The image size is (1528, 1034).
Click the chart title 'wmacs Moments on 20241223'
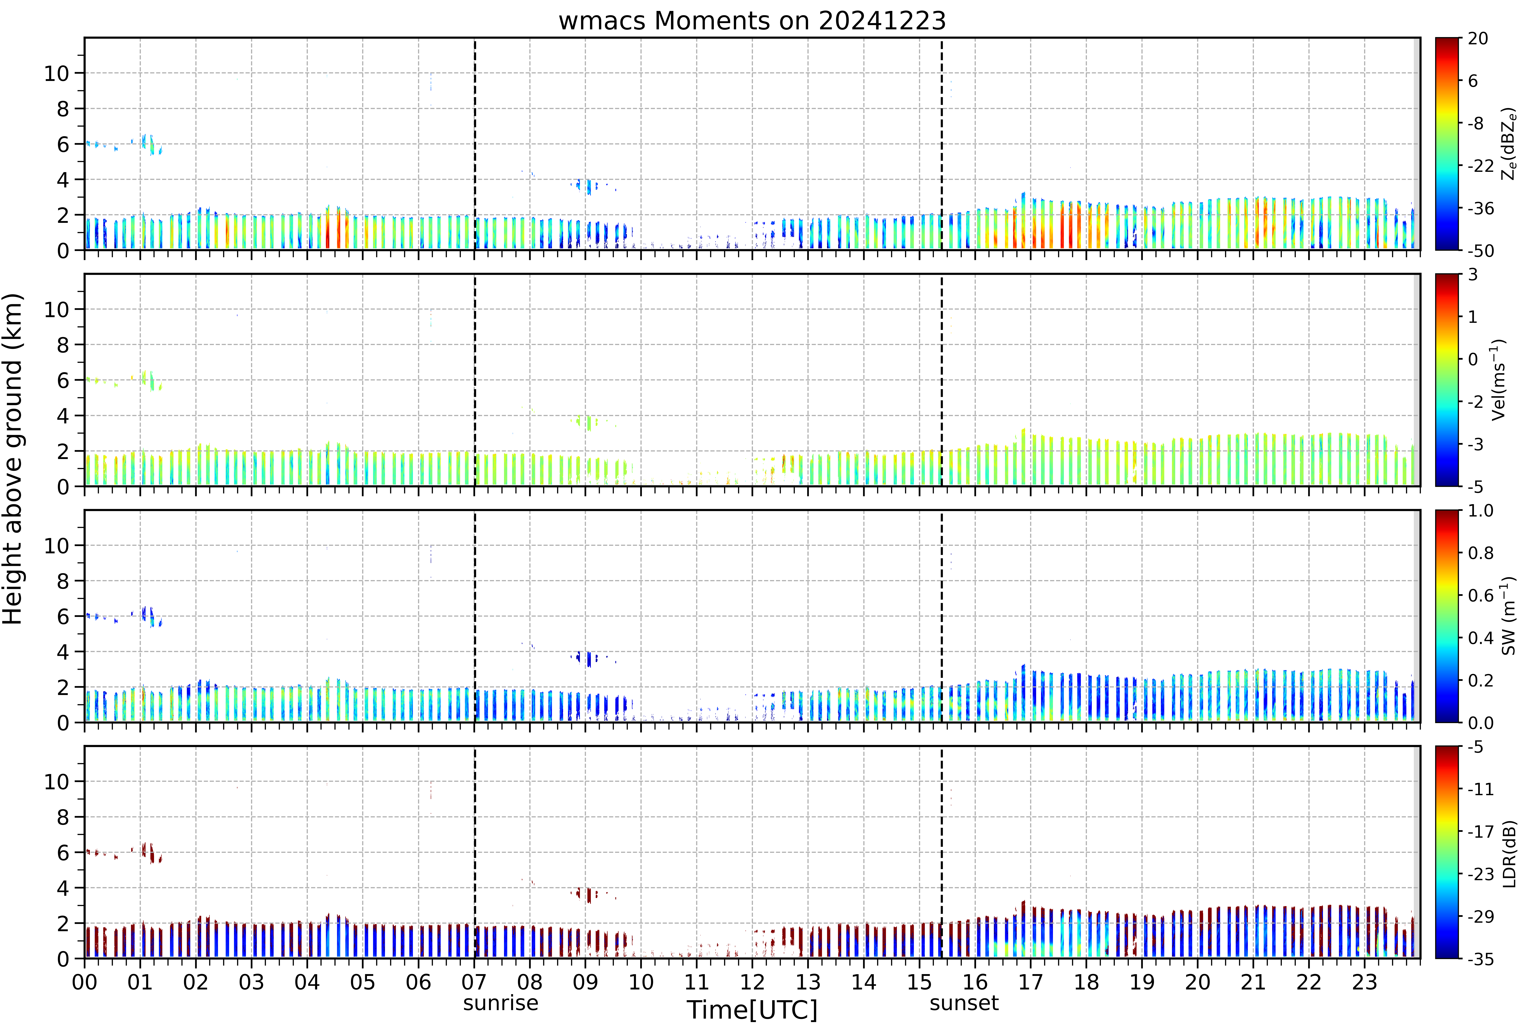click(x=752, y=21)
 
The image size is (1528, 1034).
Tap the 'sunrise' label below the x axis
click(x=500, y=1003)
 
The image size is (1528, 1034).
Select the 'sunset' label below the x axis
click(x=964, y=1003)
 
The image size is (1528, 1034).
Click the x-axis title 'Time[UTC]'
click(x=752, y=1010)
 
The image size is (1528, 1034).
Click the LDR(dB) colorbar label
click(x=1509, y=853)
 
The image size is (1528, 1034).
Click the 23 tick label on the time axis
click(x=1364, y=982)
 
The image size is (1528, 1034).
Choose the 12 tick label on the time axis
click(x=752, y=982)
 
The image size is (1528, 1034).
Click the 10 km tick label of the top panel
click(x=56, y=74)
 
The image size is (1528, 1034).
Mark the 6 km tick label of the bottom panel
click(x=63, y=853)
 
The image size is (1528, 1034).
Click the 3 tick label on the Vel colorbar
click(x=1473, y=275)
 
